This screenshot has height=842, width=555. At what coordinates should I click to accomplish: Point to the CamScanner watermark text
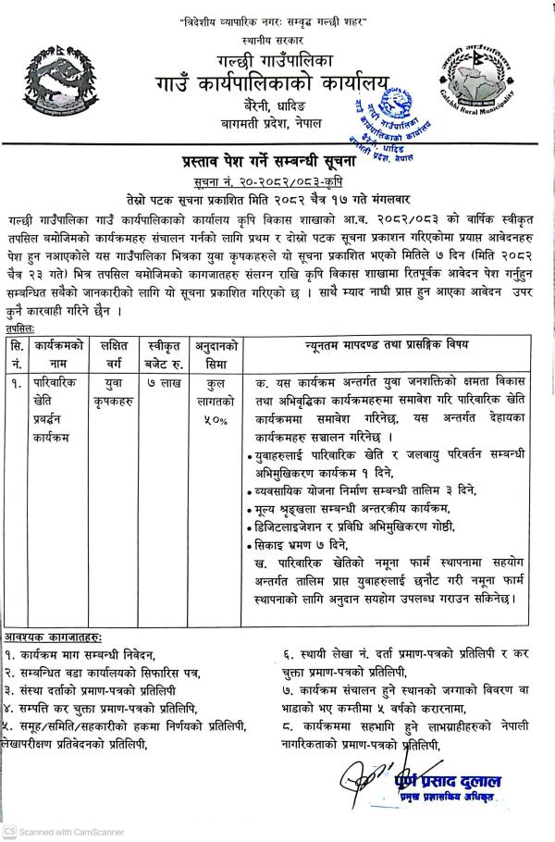click(x=61, y=831)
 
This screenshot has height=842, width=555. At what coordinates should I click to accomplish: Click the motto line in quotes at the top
click(x=276, y=18)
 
